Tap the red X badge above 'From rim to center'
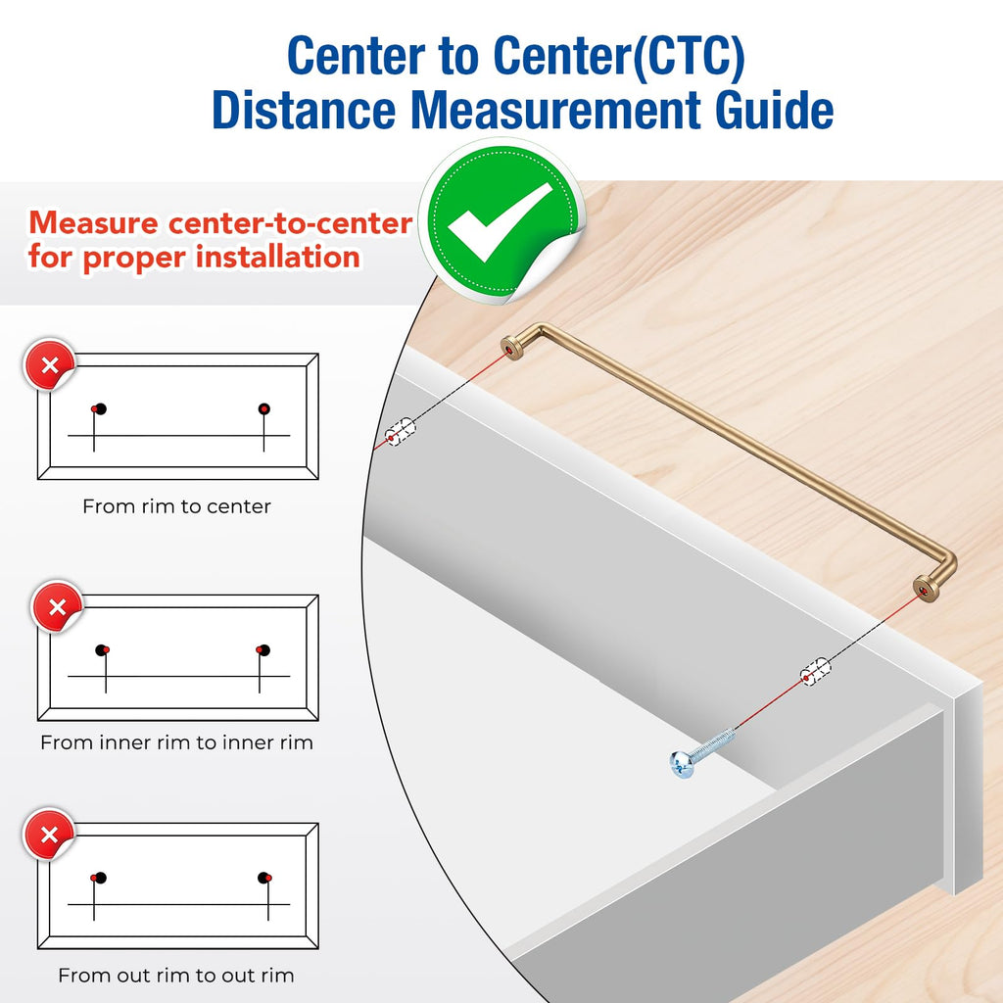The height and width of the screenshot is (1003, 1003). click(x=49, y=364)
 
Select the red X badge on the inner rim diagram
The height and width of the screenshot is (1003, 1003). click(x=57, y=606)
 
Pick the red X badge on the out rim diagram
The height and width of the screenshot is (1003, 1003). click(x=49, y=835)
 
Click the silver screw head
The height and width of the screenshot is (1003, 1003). click(x=682, y=764)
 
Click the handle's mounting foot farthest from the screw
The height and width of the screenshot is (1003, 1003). click(x=511, y=348)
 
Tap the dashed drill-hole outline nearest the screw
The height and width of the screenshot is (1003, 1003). click(x=816, y=672)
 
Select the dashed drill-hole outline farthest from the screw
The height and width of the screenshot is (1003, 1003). click(x=400, y=432)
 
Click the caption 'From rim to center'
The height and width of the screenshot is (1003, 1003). click(x=176, y=506)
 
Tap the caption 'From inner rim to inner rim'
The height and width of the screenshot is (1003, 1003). click(x=176, y=742)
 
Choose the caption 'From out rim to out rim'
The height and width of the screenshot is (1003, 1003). click(x=176, y=976)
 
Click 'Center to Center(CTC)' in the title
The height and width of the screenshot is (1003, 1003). click(x=516, y=56)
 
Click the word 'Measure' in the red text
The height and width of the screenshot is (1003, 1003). click(x=93, y=223)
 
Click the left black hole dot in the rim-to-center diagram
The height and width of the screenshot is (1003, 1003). click(x=101, y=408)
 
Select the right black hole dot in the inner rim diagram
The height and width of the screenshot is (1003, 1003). click(x=264, y=650)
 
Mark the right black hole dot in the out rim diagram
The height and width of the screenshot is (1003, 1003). click(x=263, y=877)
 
